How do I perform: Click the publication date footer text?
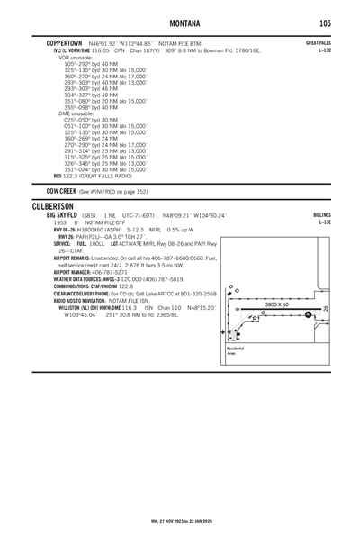click(x=179, y=521)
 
